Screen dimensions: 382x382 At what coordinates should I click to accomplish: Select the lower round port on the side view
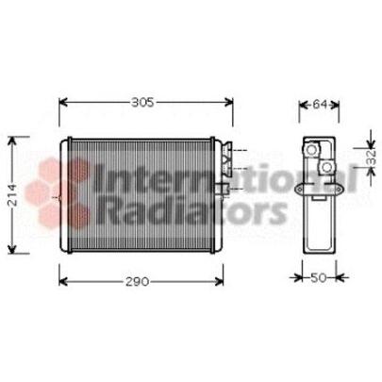point(326,168)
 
